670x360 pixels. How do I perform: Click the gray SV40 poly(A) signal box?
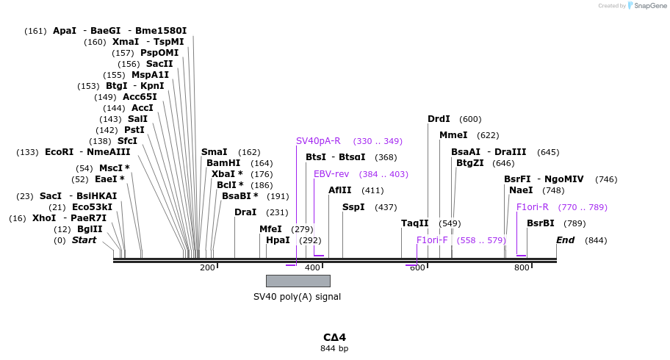point(298,281)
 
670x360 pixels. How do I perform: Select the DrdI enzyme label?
point(439,119)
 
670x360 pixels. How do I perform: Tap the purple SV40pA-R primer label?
point(318,141)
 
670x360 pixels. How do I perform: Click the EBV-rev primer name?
point(331,174)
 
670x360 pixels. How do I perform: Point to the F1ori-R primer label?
point(532,207)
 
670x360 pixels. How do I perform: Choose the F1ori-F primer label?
point(432,240)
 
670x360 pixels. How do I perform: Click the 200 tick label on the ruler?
point(206,268)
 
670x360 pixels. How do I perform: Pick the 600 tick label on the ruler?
point(417,268)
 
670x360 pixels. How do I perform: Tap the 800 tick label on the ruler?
point(522,268)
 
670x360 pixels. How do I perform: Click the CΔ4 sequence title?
point(334,337)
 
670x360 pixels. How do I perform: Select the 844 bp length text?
point(334,348)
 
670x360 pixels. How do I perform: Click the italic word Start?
point(84,240)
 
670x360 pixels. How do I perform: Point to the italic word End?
point(565,240)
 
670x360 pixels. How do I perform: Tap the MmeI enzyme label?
point(453,135)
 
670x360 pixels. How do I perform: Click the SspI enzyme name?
point(353,207)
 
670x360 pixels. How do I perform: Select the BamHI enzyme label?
point(223,163)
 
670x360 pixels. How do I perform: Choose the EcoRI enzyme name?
point(60,152)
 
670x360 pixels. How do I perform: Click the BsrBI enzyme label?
point(540,223)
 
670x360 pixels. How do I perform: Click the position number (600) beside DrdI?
point(470,119)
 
